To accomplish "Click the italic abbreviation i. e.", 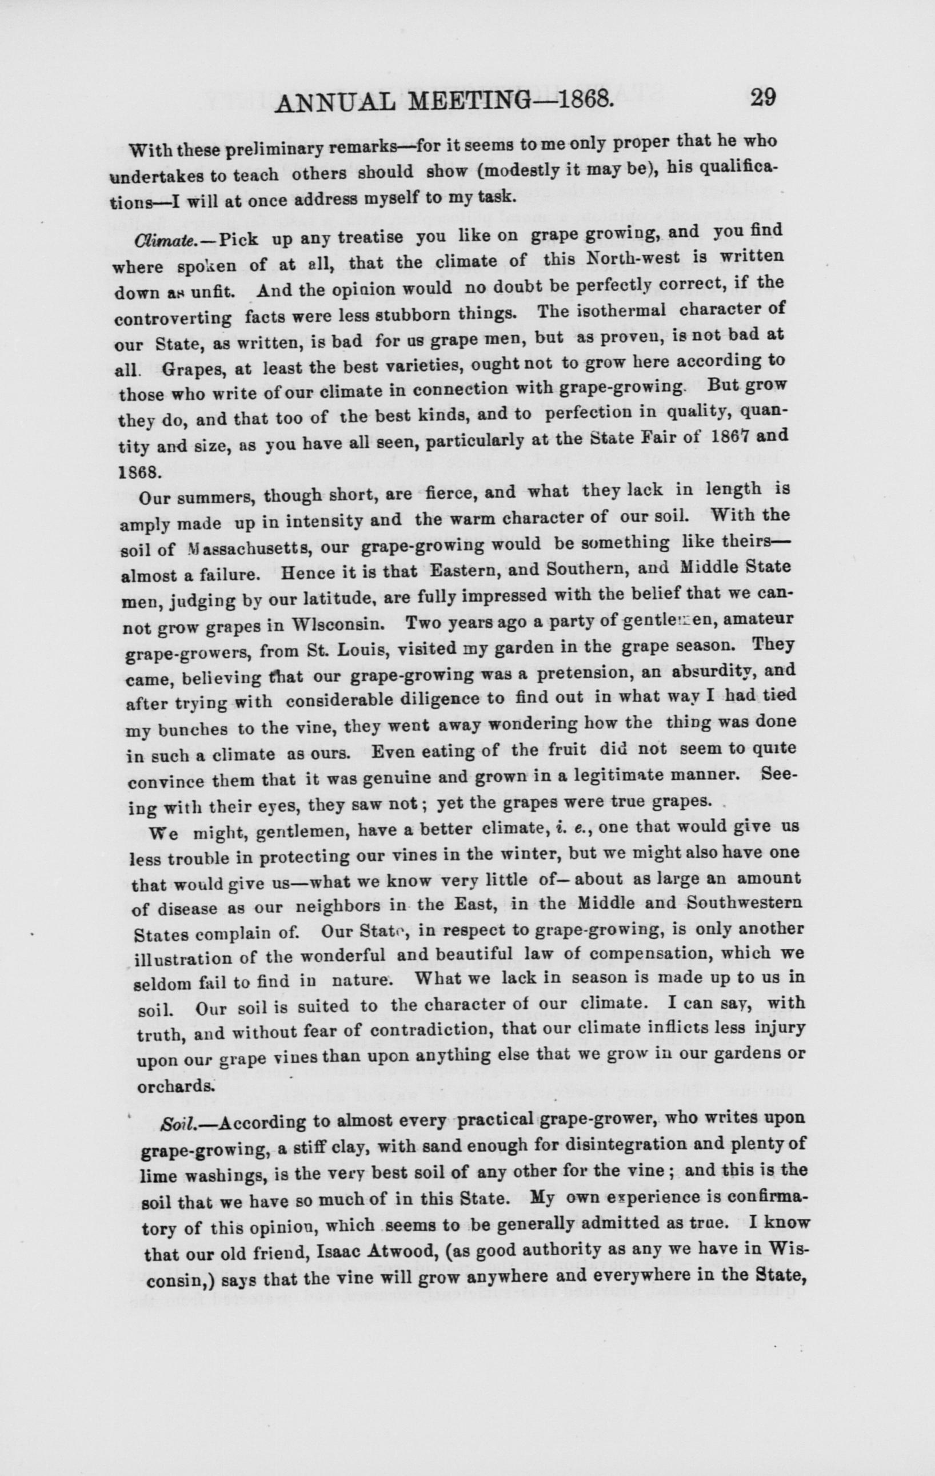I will click(577, 827).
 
